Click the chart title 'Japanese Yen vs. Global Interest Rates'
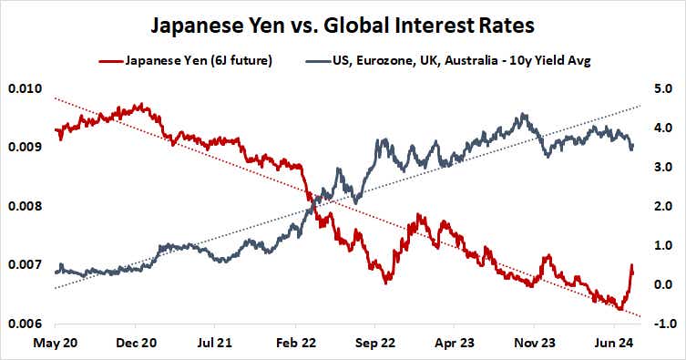pyautogui.click(x=342, y=24)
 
